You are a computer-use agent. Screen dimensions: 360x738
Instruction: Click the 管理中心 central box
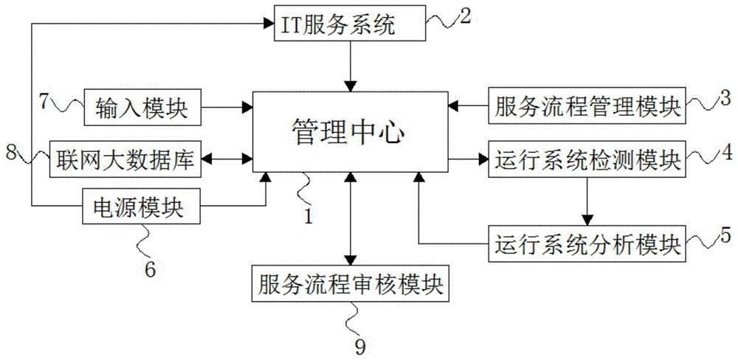pyautogui.click(x=350, y=134)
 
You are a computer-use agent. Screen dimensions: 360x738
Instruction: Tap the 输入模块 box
pyautogui.click(x=142, y=107)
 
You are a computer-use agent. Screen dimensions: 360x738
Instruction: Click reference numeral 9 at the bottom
pyautogui.click(x=360, y=344)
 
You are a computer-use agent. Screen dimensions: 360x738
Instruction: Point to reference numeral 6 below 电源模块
pyautogui.click(x=149, y=269)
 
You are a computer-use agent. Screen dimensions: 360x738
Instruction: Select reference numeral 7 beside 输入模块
pyautogui.click(x=44, y=100)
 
